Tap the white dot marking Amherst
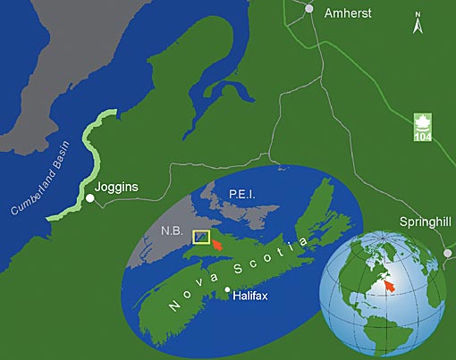coord(310,8)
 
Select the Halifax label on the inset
coord(258,294)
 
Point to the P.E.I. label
coord(243,193)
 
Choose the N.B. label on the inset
coord(173,230)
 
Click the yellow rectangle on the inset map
coord(202,237)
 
